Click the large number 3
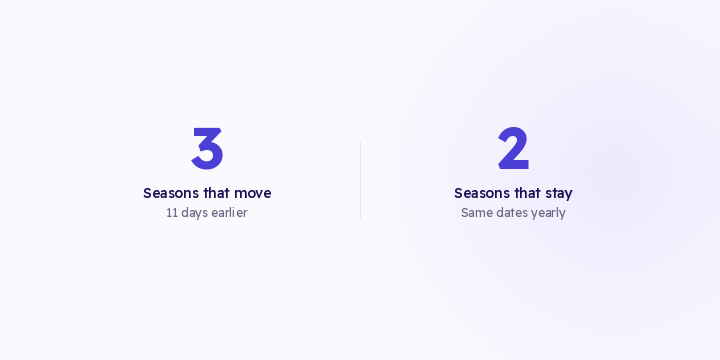coord(207,149)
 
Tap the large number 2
coord(513,148)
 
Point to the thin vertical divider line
coord(360,180)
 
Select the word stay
coord(559,194)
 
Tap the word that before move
coord(217,193)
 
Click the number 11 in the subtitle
coord(172,213)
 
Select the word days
coord(194,214)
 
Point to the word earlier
coord(229,213)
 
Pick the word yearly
coord(548,214)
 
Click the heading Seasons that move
coord(207,193)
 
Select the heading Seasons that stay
coord(513,194)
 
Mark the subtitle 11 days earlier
coord(207,214)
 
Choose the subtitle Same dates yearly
coord(513,214)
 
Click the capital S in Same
coord(465,213)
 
